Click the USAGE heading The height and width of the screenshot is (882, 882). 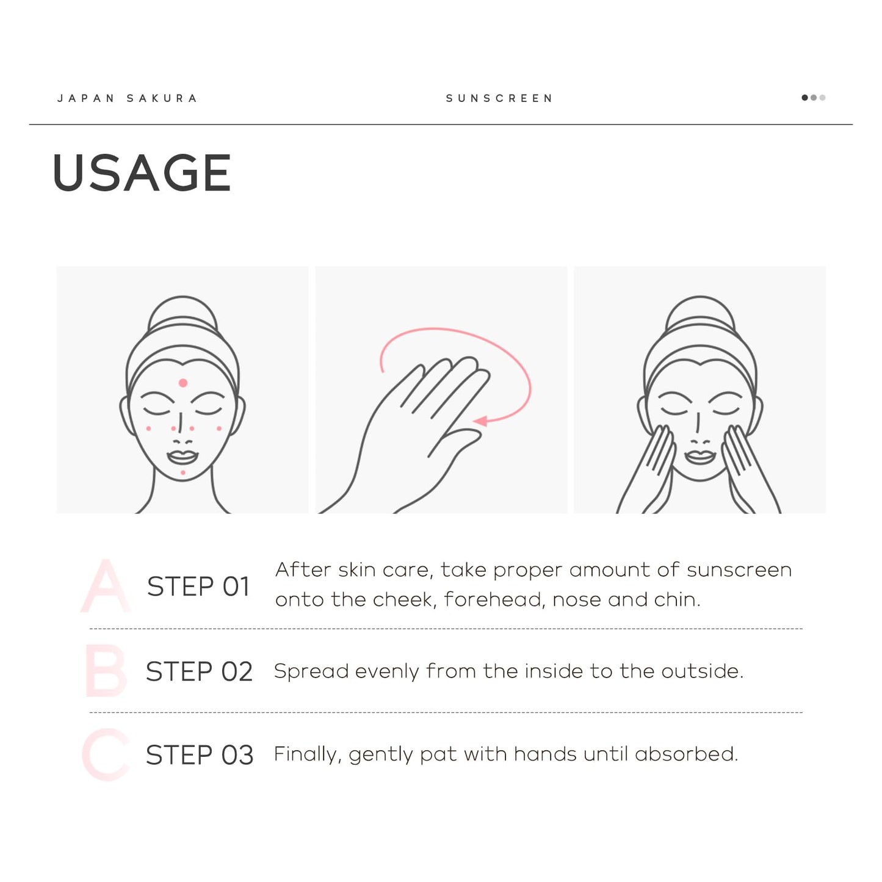click(142, 173)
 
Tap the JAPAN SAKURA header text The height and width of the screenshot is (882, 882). click(127, 98)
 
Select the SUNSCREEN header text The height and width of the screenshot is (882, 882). click(499, 98)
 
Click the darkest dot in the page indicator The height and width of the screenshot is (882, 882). click(804, 98)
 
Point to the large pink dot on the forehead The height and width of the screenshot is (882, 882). click(183, 383)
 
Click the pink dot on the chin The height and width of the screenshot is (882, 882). click(183, 472)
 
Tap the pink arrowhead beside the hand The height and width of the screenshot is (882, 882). click(480, 421)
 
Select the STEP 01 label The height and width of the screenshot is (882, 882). click(198, 587)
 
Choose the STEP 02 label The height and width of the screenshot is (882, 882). click(199, 671)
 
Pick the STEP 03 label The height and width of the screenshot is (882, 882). click(200, 755)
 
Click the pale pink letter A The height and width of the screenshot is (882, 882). click(106, 586)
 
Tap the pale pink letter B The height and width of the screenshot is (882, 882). click(106, 671)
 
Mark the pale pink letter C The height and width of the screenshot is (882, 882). click(105, 754)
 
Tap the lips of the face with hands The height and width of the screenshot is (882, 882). click(700, 457)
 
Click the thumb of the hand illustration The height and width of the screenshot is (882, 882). click(455, 442)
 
